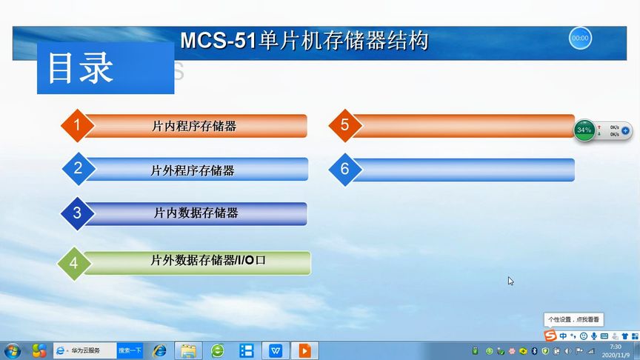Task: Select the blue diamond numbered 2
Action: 79,168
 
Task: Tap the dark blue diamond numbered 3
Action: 78,213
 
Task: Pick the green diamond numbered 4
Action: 73,263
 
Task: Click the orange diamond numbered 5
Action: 345,125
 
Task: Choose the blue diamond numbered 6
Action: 345,169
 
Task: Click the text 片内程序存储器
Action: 194,126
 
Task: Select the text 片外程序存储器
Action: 193,170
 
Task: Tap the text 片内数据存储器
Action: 196,213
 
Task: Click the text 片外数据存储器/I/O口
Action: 207,261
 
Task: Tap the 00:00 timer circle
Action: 580,38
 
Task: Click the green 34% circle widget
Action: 584,130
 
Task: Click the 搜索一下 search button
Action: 130,350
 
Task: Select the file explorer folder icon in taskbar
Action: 189,350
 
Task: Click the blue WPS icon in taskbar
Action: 276,350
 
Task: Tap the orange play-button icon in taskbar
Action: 304,350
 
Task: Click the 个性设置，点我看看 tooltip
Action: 574,320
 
